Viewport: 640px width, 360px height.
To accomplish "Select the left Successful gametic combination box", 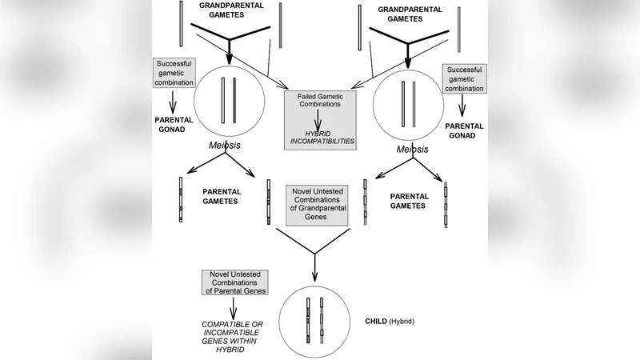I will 174,73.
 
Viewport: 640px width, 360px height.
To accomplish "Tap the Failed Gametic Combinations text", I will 319,101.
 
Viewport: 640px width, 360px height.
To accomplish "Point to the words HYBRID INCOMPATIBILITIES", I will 319,138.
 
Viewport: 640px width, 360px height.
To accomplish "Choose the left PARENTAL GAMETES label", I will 222,197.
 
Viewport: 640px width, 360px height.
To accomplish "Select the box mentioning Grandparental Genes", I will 319,203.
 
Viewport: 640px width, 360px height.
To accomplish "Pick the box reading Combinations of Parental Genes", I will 234,282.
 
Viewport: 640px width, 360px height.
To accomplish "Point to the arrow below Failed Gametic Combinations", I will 318,118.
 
